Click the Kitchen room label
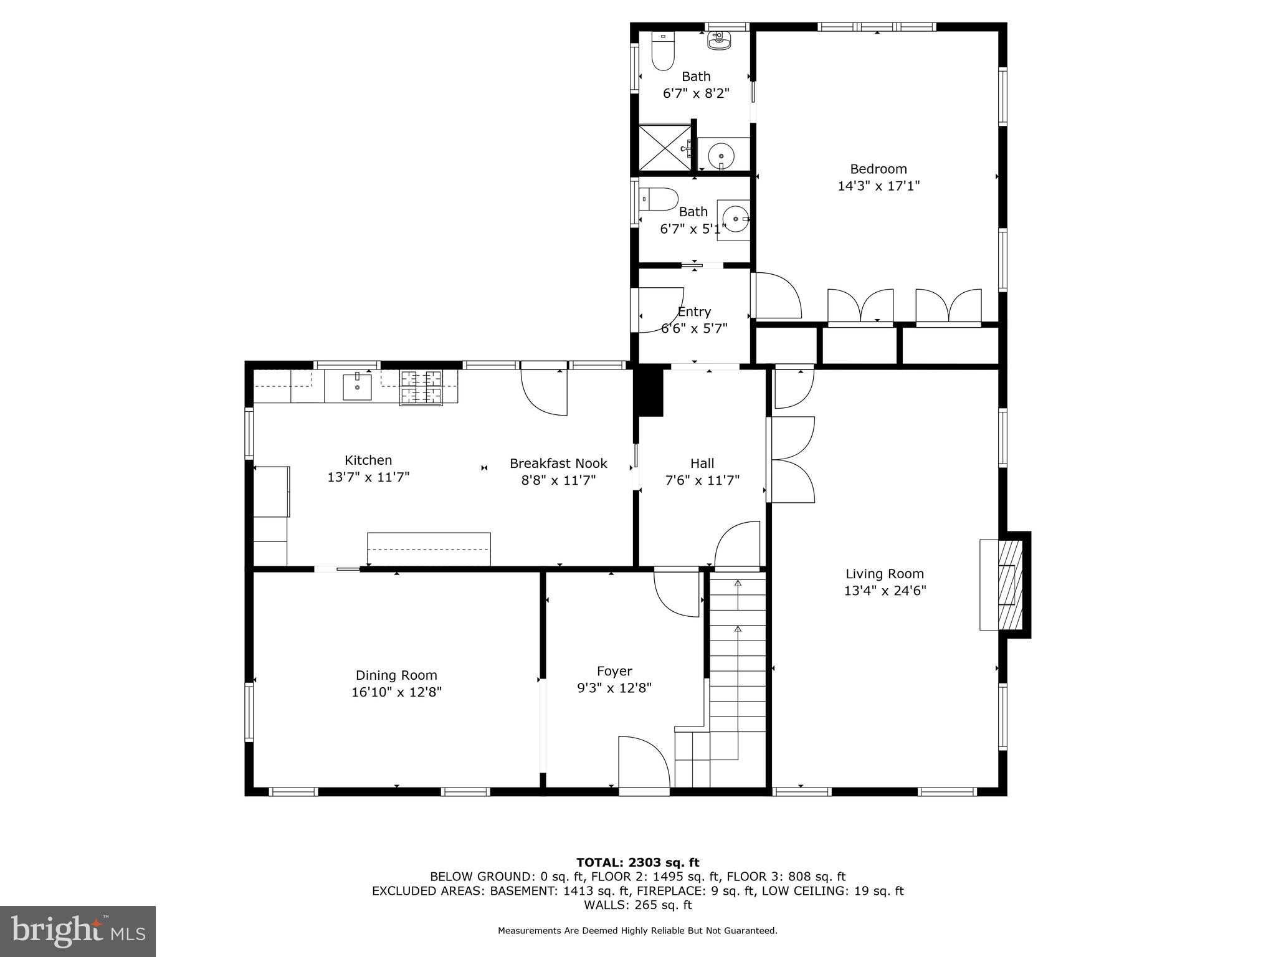point(368,460)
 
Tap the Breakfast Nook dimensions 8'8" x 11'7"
point(558,480)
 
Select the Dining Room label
point(396,675)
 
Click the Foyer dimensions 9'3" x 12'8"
point(614,688)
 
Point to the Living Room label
point(884,574)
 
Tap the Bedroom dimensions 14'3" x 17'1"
point(878,186)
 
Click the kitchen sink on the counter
point(357,387)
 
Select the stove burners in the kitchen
point(421,386)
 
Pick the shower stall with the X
point(665,147)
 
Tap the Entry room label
point(694,312)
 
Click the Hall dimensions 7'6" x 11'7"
point(702,480)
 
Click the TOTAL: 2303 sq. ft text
point(637,862)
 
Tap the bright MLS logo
point(78,931)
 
